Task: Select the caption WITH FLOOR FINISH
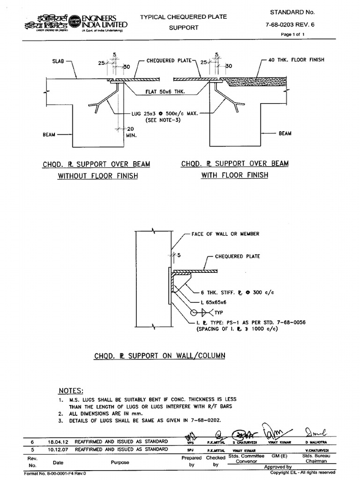[234, 175]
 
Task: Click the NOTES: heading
[71, 390]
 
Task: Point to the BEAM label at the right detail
[285, 134]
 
